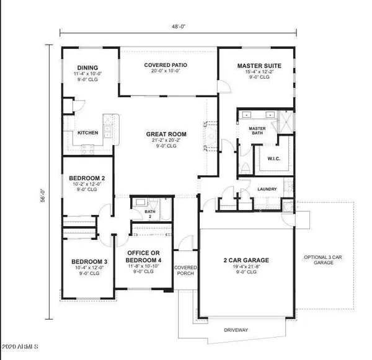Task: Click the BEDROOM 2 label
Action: click(x=85, y=178)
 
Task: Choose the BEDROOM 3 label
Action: click(x=86, y=261)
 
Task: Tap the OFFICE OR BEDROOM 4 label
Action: click(x=143, y=257)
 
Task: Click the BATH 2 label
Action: click(x=149, y=214)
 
